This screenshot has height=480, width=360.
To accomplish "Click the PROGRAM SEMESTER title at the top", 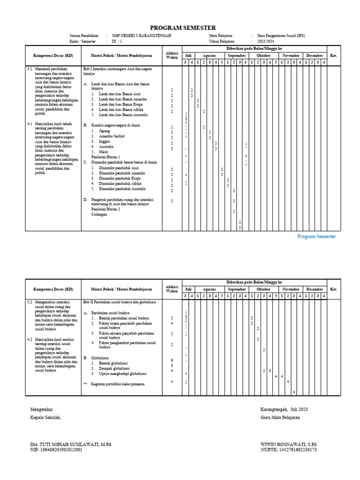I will point(183,28).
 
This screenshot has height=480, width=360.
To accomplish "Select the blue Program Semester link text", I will point(316,237).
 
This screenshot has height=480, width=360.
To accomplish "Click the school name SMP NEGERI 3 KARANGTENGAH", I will point(141,36).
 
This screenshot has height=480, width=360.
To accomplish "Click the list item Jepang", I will point(105,131).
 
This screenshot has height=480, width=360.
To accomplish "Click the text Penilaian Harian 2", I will point(106,209).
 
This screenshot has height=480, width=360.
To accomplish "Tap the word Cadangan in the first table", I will point(99,214).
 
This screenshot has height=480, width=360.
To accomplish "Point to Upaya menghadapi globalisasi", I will point(123,374).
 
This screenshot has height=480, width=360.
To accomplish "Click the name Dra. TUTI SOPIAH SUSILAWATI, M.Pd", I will point(70,444).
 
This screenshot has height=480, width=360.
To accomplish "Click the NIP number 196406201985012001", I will point(56,450).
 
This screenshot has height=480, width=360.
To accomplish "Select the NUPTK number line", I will point(289,450).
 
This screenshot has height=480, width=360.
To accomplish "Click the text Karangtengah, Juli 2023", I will point(285,409).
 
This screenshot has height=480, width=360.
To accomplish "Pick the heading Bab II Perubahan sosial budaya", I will point(119,302).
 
